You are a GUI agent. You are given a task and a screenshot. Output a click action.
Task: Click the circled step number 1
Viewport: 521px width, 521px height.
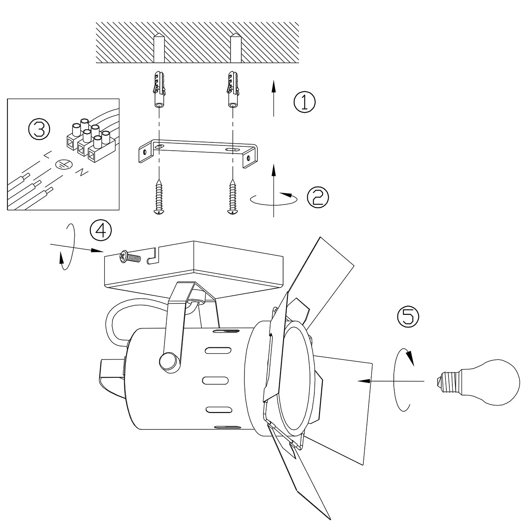(x=305, y=102)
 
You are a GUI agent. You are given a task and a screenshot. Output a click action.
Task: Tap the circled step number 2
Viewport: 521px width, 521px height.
(x=318, y=197)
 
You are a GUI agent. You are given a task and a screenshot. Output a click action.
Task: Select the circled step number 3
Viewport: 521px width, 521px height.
(x=40, y=130)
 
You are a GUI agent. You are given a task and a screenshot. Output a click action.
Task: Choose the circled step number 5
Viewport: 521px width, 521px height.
(x=408, y=317)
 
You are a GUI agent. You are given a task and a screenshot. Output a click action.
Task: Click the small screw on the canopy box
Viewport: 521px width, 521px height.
(x=129, y=257)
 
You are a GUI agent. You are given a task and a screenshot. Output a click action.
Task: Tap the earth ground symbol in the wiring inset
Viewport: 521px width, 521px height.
(x=64, y=164)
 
